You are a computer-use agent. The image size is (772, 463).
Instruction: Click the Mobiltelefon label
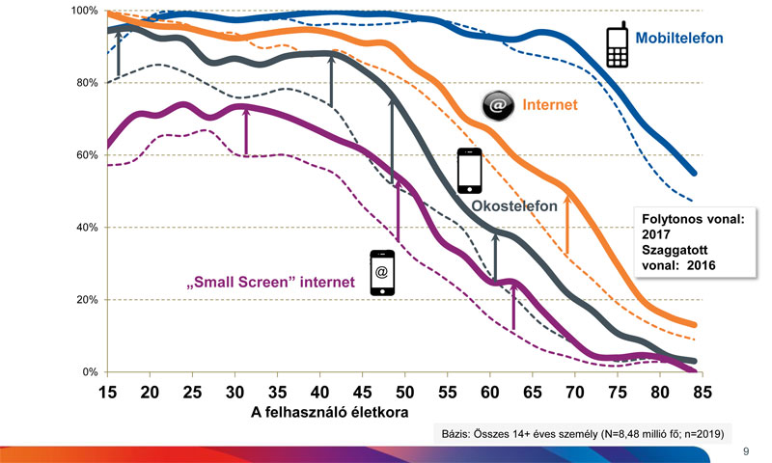coord(679,39)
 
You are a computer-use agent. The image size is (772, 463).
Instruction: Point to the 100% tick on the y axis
coord(84,11)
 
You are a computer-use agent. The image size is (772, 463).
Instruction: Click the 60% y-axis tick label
coord(87,155)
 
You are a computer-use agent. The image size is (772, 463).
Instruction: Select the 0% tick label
coord(90,372)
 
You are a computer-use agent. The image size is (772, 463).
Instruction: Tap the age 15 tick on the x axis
coord(108,393)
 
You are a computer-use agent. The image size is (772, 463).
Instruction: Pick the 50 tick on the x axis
coord(404,393)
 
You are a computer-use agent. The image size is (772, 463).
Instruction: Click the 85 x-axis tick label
coord(702,393)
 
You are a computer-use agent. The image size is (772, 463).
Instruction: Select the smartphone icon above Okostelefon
coord(469,170)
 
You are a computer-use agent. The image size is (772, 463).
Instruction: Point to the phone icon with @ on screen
coord(382,273)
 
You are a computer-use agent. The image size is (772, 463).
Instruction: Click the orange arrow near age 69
coord(567,230)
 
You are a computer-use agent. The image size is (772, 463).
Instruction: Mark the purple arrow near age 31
coord(247,131)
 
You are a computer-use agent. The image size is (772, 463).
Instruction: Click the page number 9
coord(745,450)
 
